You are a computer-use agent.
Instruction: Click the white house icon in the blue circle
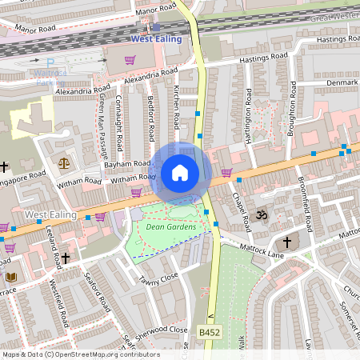180,173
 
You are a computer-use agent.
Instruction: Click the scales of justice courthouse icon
64,162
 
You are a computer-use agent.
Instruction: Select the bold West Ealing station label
155,39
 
